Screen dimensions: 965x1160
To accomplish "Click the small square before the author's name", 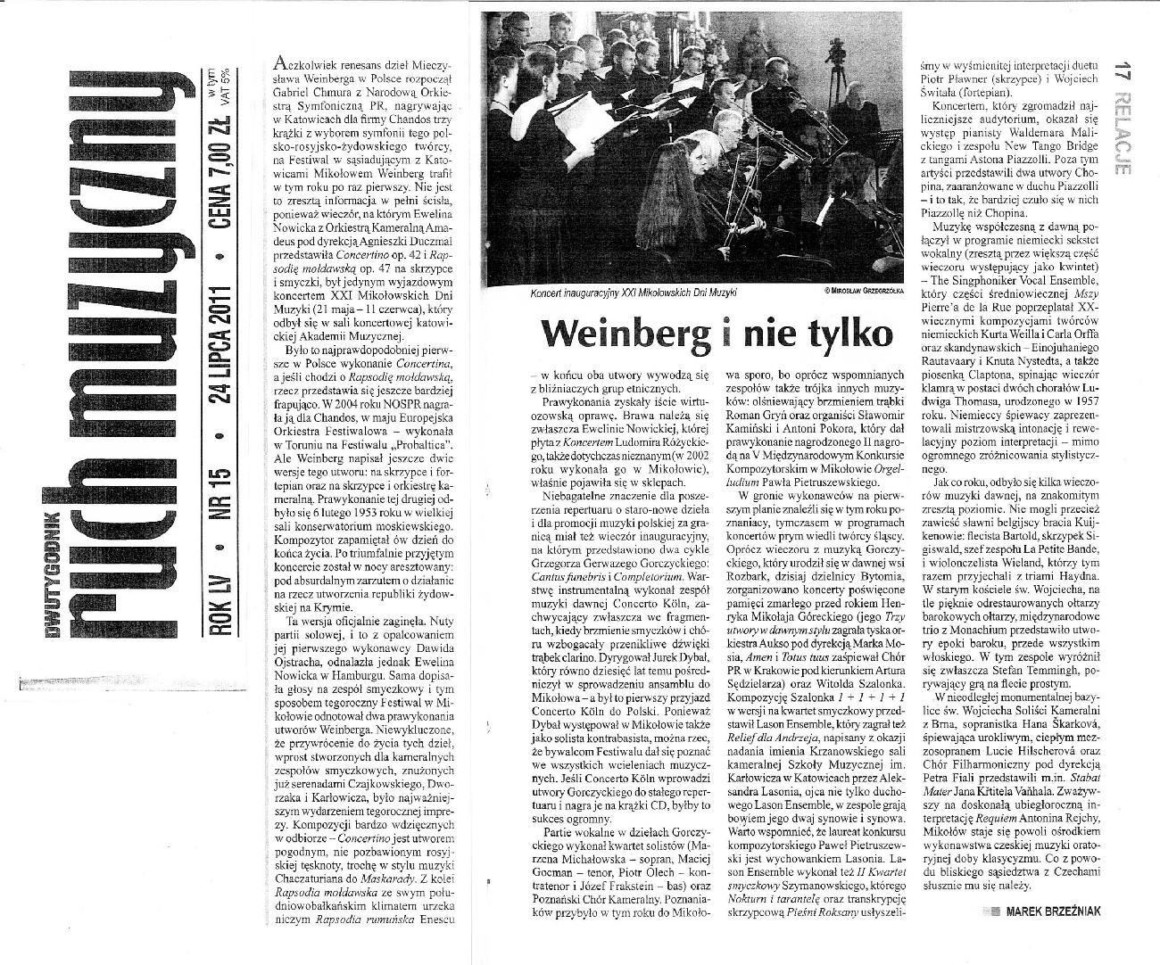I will point(989,936).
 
